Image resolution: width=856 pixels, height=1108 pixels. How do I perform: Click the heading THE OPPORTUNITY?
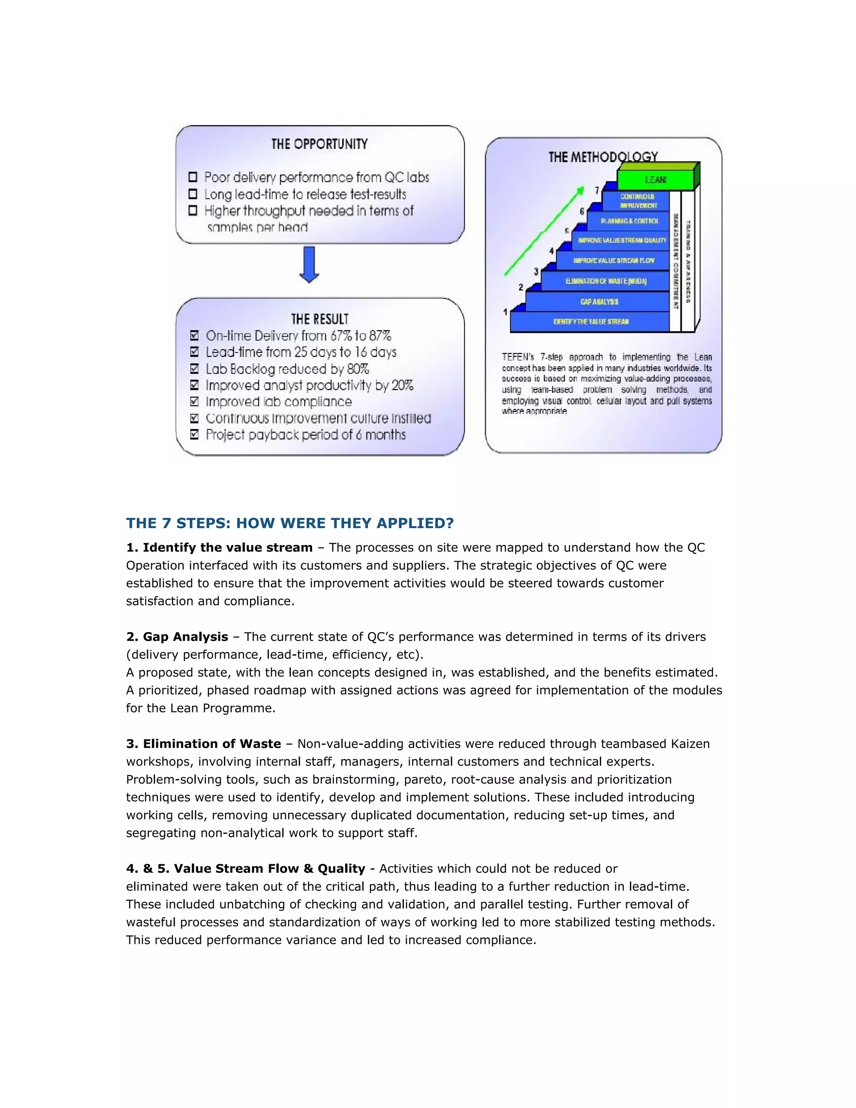319,144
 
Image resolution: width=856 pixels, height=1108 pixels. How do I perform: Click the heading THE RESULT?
319,319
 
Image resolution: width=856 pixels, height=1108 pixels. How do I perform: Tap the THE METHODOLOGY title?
602,157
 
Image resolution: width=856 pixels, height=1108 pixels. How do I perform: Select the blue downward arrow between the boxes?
309,264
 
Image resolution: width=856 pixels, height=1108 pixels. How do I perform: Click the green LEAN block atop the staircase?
655,180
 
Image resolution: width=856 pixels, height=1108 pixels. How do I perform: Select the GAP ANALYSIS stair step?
599,301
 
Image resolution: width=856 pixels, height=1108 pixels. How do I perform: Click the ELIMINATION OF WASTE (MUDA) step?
606,281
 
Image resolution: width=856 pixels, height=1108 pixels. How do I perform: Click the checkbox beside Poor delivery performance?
193,177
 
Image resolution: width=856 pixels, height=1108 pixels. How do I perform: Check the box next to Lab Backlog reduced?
194,369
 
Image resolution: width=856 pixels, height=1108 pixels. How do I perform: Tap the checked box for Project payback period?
194,435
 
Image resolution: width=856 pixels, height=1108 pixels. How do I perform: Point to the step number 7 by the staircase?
597,190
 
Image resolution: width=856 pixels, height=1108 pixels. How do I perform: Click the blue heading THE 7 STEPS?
290,523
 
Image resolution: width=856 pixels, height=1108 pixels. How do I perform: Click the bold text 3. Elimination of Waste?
204,744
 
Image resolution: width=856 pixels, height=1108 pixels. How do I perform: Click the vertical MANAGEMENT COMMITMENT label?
675,261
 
